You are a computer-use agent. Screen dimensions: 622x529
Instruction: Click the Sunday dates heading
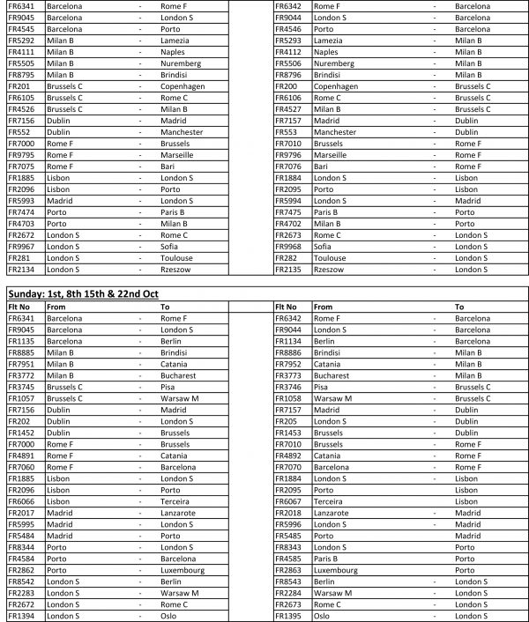tap(82, 292)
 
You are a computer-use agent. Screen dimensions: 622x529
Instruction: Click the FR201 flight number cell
tap(19, 86)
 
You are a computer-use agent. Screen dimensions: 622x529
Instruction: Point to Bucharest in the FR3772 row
tap(177, 375)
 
